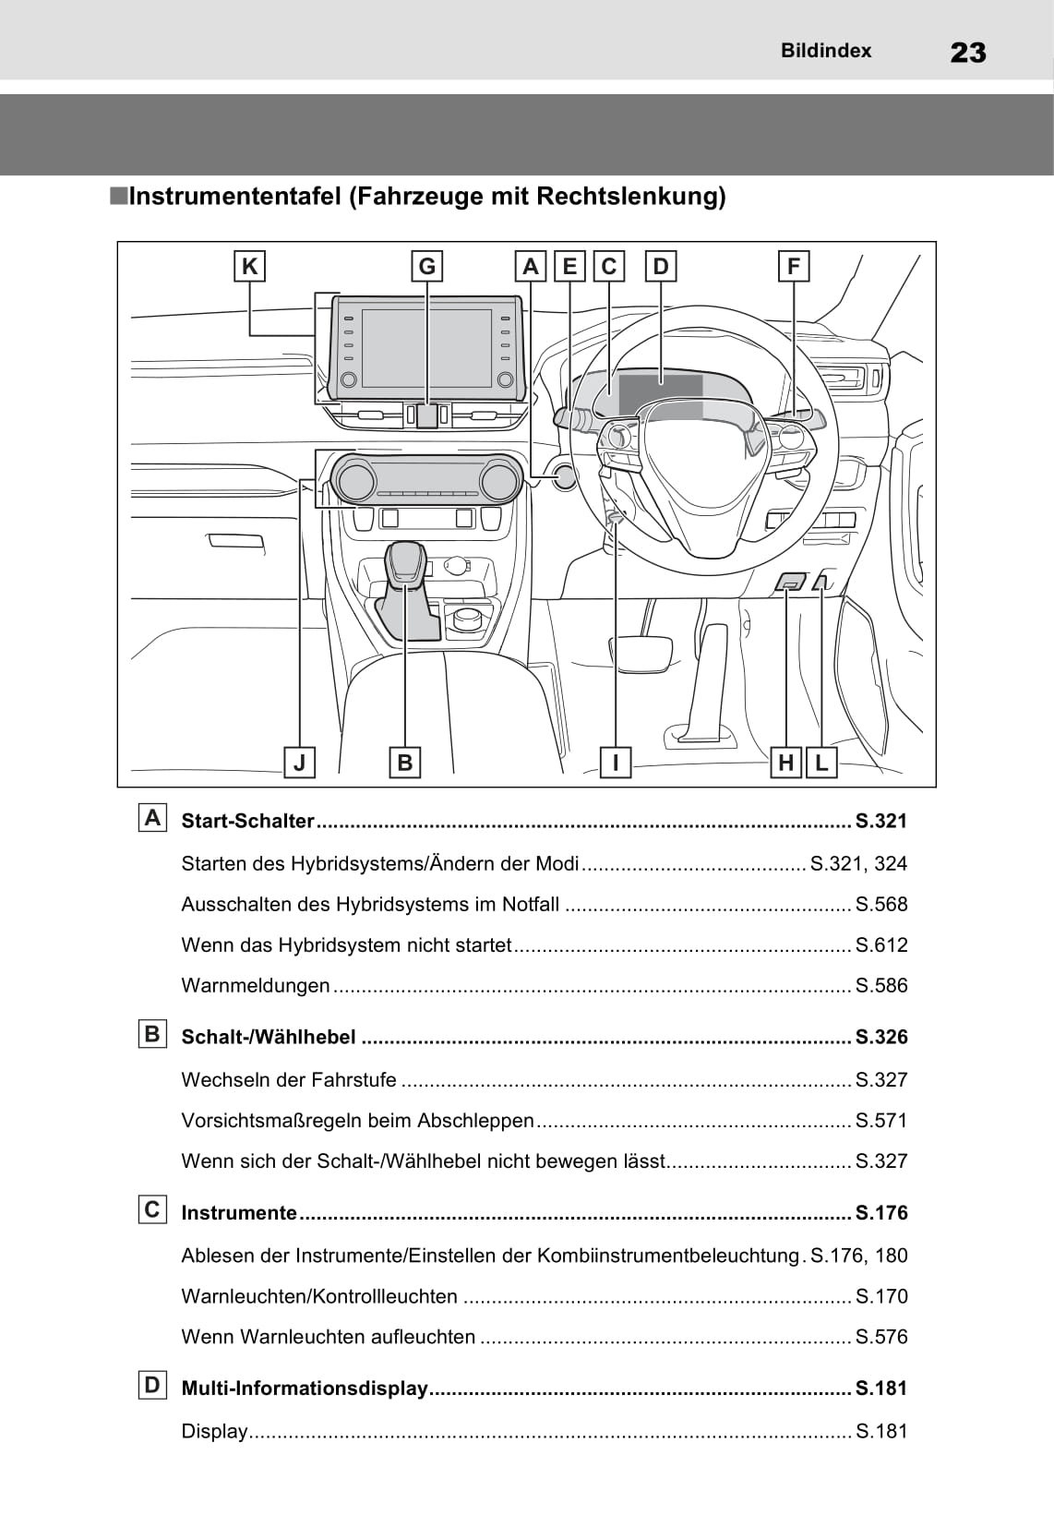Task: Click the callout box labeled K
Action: pos(249,267)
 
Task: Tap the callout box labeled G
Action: pos(426,267)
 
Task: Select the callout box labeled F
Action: pos(794,267)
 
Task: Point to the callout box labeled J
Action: pos(299,763)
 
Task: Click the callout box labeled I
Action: pos(615,763)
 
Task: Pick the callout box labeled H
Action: pos(785,763)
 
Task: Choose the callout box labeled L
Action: pos(821,763)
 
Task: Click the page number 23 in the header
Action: pos(967,53)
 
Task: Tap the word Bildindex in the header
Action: pos(826,51)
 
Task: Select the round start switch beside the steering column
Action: pos(564,477)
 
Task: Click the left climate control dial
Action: pos(355,481)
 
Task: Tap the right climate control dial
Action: pos(498,481)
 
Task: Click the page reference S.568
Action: pos(881,905)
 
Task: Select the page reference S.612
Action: pos(881,945)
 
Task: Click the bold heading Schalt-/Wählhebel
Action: pos(269,1038)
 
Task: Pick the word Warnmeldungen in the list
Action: pos(256,986)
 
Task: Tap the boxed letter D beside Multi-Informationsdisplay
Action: pos(152,1385)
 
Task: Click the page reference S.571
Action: pos(881,1121)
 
